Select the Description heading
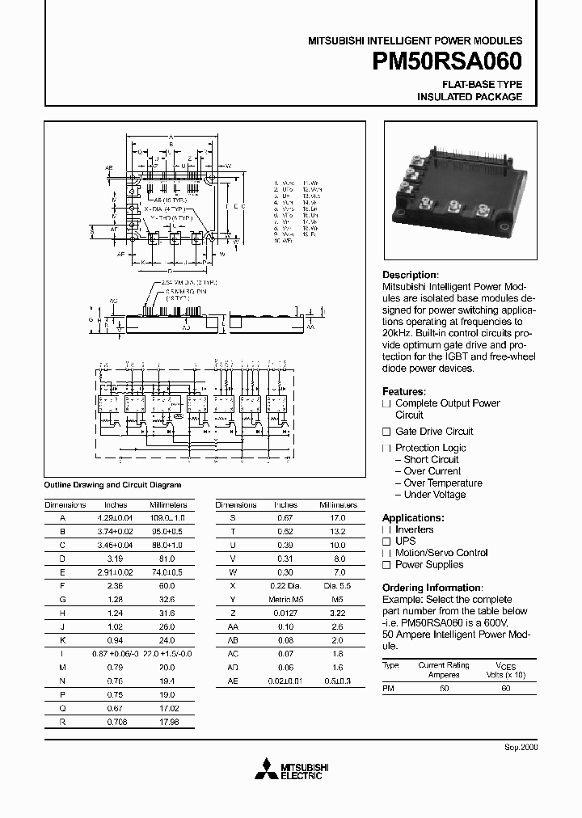pyautogui.click(x=410, y=275)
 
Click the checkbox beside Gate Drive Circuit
pyautogui.click(x=386, y=432)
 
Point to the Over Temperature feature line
pyautogui.click(x=442, y=483)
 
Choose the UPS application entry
pyautogui.click(x=405, y=541)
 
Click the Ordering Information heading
pyautogui.click(x=432, y=588)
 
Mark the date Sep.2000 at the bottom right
pyautogui.click(x=521, y=748)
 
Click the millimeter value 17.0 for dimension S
pyautogui.click(x=338, y=517)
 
